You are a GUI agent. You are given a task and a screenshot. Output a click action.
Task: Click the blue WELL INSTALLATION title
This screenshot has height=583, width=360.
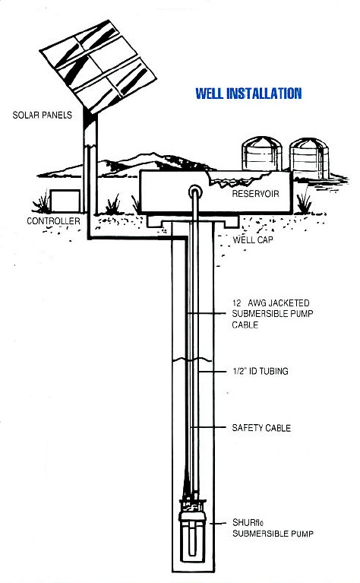point(248,93)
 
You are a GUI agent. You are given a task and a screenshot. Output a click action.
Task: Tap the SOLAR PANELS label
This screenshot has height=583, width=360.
point(43,115)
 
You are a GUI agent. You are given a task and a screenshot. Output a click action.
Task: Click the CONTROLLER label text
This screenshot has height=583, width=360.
point(53,221)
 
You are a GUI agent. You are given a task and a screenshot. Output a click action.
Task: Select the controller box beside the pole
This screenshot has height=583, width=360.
point(65,201)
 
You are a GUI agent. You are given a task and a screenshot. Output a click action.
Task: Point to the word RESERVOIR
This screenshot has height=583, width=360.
point(255,194)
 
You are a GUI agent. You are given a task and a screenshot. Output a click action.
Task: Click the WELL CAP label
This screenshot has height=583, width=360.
point(253,240)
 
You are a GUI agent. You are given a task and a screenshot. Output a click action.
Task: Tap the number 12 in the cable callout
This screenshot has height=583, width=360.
point(237,303)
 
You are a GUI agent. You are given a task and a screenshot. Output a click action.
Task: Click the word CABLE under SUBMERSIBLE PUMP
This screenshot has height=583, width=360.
point(245,325)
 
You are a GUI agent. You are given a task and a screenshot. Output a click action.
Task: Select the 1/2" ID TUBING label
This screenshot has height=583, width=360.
point(260,371)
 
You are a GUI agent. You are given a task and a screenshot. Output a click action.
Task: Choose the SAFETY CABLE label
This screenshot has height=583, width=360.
point(261,428)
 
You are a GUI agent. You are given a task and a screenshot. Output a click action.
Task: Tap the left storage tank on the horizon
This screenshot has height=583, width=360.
point(262,154)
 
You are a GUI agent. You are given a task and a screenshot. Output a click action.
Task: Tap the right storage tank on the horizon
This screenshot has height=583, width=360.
point(309,158)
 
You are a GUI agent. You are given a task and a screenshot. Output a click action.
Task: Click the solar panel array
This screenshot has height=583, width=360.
point(98,67)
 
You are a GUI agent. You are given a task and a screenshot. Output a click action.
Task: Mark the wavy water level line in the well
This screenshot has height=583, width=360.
point(192,360)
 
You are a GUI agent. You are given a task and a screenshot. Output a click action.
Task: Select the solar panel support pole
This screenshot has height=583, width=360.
point(90,163)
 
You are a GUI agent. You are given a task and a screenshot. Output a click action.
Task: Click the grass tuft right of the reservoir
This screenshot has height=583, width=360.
point(305,203)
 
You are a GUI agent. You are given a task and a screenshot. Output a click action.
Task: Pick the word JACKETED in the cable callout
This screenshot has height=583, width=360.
point(289,303)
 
